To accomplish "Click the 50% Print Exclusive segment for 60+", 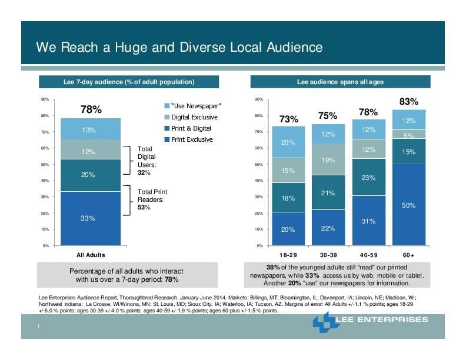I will click(x=409, y=204).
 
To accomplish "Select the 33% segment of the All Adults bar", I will click(x=91, y=218).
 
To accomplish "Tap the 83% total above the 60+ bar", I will click(x=408, y=102).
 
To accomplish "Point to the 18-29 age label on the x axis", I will click(x=288, y=255).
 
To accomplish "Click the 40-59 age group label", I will click(x=368, y=255).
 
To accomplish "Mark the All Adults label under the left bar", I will click(x=91, y=255).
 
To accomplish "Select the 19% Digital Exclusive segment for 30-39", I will click(x=328, y=160).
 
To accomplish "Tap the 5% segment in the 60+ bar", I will click(x=409, y=135).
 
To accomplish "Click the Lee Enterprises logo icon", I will click(x=327, y=322).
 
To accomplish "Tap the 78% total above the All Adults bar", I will click(x=91, y=109).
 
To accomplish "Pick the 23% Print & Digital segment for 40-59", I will click(x=369, y=177).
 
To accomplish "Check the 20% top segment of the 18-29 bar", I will click(x=288, y=142).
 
